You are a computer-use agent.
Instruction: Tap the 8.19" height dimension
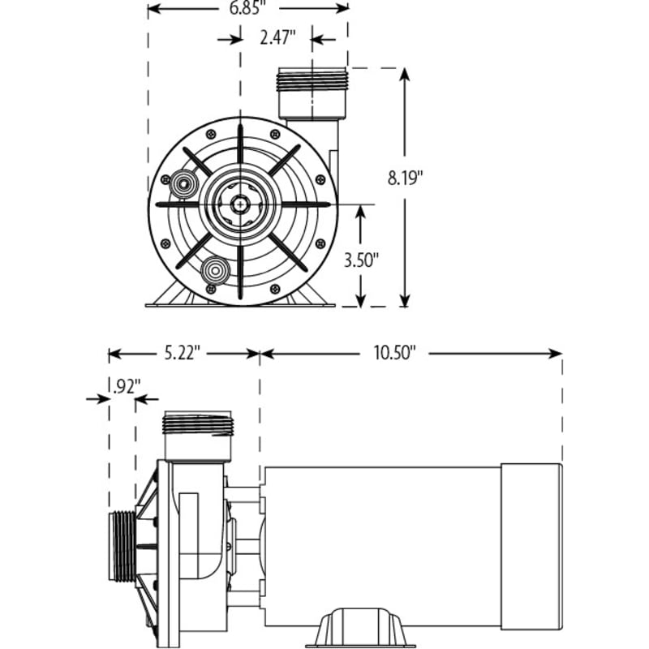tap(406, 179)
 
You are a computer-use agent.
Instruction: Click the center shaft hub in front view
tap(240, 204)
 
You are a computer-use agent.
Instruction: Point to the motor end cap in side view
tap(531, 545)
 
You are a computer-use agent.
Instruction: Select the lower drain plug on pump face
tap(213, 269)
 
